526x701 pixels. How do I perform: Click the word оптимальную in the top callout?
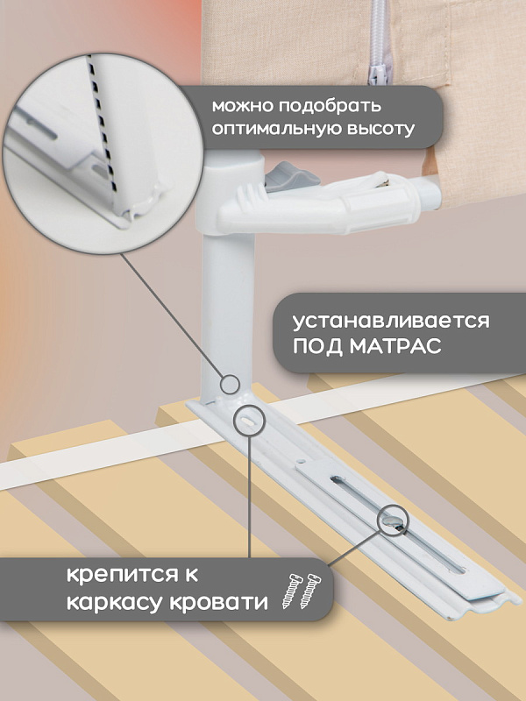[275, 129]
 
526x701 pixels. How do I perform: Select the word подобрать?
[331, 106]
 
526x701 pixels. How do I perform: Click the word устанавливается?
[391, 321]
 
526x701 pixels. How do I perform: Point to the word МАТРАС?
[396, 345]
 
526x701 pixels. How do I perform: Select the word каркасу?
[114, 601]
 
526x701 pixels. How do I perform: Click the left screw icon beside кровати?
[292, 590]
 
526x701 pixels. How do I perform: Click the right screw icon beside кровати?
[310, 591]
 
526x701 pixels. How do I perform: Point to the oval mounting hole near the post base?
[247, 421]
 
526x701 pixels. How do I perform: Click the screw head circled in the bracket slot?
[393, 520]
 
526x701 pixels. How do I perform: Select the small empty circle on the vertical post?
[231, 385]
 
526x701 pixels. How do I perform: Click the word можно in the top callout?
[243, 106]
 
